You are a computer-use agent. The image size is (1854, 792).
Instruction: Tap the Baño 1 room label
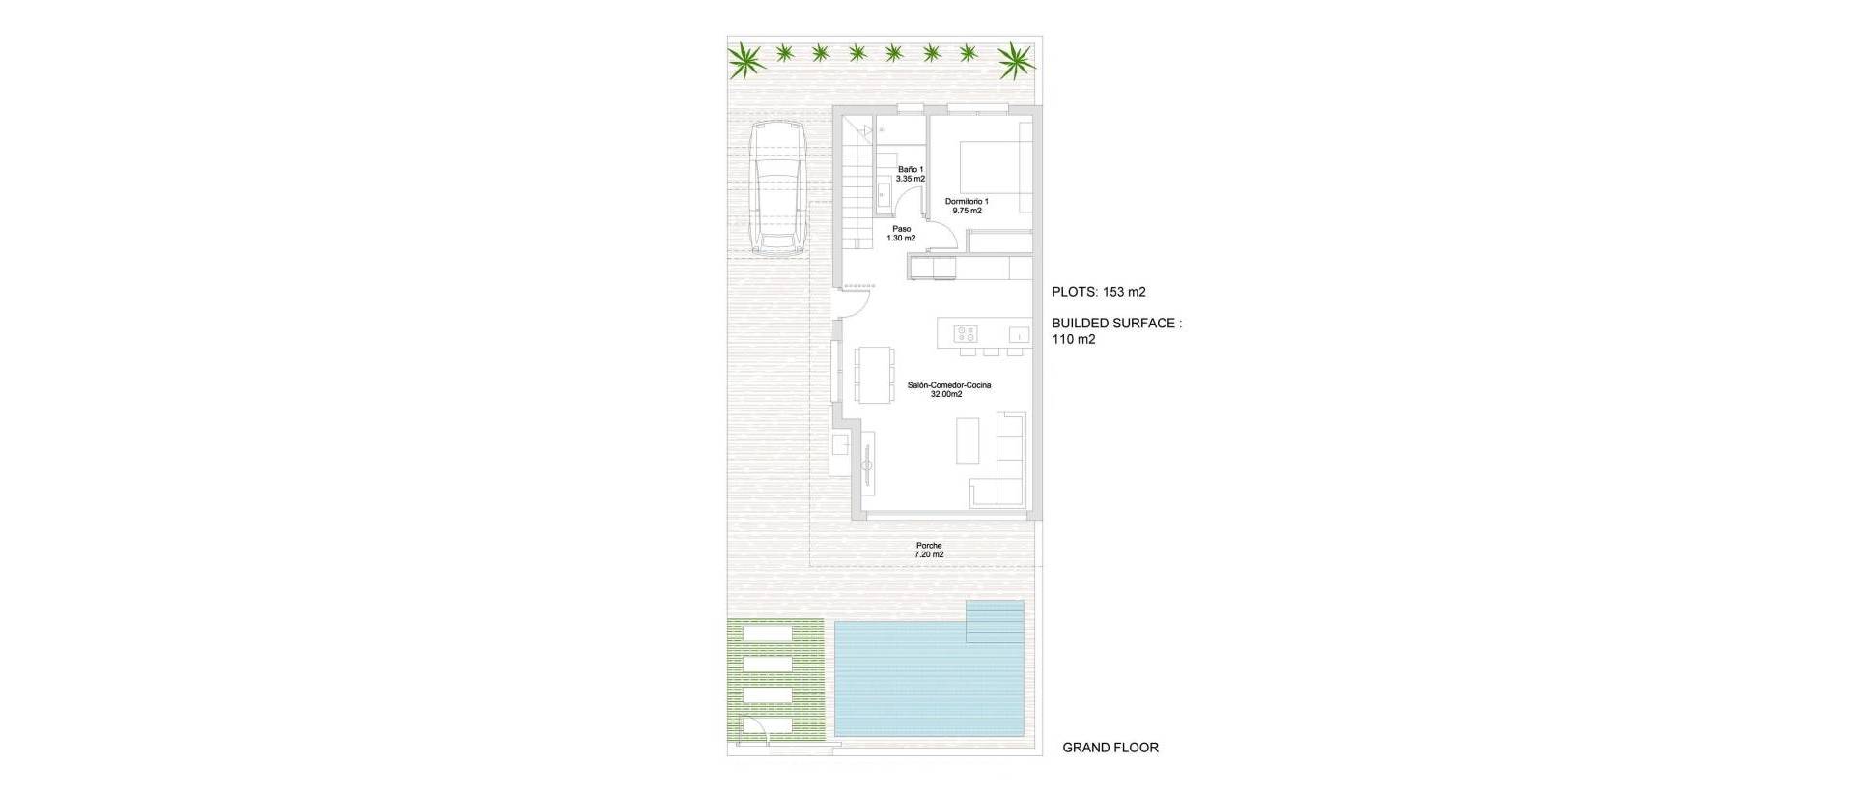(910, 174)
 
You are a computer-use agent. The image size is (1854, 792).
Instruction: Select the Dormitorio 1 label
(967, 206)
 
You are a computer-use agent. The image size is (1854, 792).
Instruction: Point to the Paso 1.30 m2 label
(901, 234)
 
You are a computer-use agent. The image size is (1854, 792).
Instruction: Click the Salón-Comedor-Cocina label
(948, 389)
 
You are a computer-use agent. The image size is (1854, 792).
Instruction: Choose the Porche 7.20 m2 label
(929, 550)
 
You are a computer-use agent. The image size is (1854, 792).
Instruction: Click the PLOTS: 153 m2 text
(1099, 292)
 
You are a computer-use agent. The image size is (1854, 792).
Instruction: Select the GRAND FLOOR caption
(1110, 748)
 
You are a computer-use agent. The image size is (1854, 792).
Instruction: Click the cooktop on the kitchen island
(966, 334)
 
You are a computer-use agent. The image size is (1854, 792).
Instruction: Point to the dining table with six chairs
(874, 374)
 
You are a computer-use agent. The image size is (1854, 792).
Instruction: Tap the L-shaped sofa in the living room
(1004, 464)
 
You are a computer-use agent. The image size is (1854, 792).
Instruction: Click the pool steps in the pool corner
(996, 621)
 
